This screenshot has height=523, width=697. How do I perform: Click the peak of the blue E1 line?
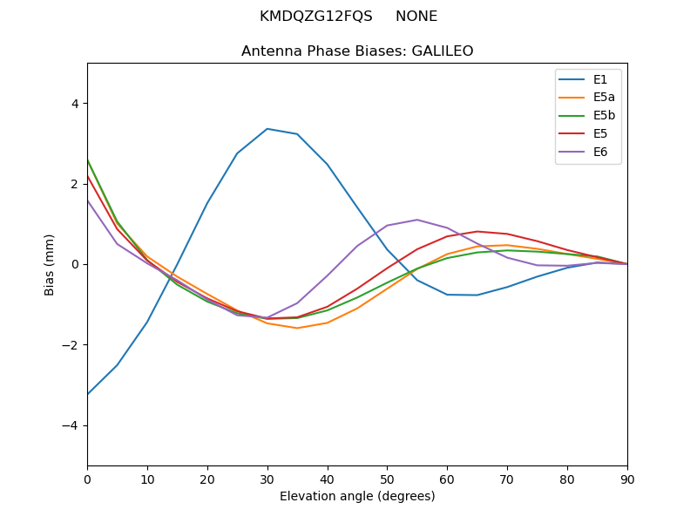(x=267, y=129)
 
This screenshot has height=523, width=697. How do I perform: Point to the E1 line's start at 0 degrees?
(x=88, y=394)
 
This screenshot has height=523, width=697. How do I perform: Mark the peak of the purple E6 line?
(x=417, y=220)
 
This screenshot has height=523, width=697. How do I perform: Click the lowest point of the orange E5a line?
(x=297, y=328)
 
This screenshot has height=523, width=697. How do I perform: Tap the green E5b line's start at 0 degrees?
(x=88, y=160)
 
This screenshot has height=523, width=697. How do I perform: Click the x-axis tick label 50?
(x=387, y=479)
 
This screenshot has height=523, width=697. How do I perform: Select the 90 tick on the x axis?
(x=627, y=479)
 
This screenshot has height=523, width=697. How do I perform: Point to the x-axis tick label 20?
(x=207, y=479)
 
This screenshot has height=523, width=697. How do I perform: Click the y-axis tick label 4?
(x=74, y=103)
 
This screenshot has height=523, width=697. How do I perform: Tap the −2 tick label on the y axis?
(x=71, y=345)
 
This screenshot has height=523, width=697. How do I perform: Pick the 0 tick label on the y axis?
(x=74, y=264)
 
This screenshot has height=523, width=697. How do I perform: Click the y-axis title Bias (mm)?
(x=50, y=264)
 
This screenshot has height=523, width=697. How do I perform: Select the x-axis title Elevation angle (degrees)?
(x=357, y=496)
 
